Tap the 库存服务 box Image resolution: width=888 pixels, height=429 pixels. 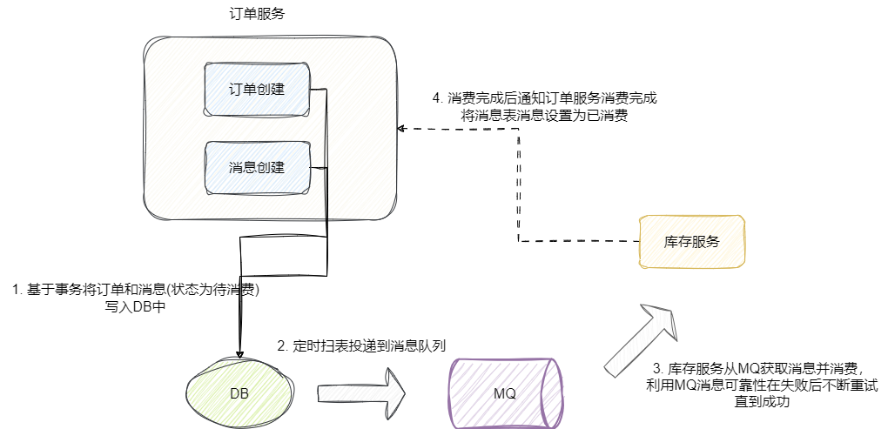692,241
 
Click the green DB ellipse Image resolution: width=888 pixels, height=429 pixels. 239,392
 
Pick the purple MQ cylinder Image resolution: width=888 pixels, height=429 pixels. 504,393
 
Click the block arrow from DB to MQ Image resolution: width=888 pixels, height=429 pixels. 361,388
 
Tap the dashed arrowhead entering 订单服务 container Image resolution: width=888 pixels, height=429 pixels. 401,129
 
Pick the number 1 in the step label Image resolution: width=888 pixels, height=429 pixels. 16,289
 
